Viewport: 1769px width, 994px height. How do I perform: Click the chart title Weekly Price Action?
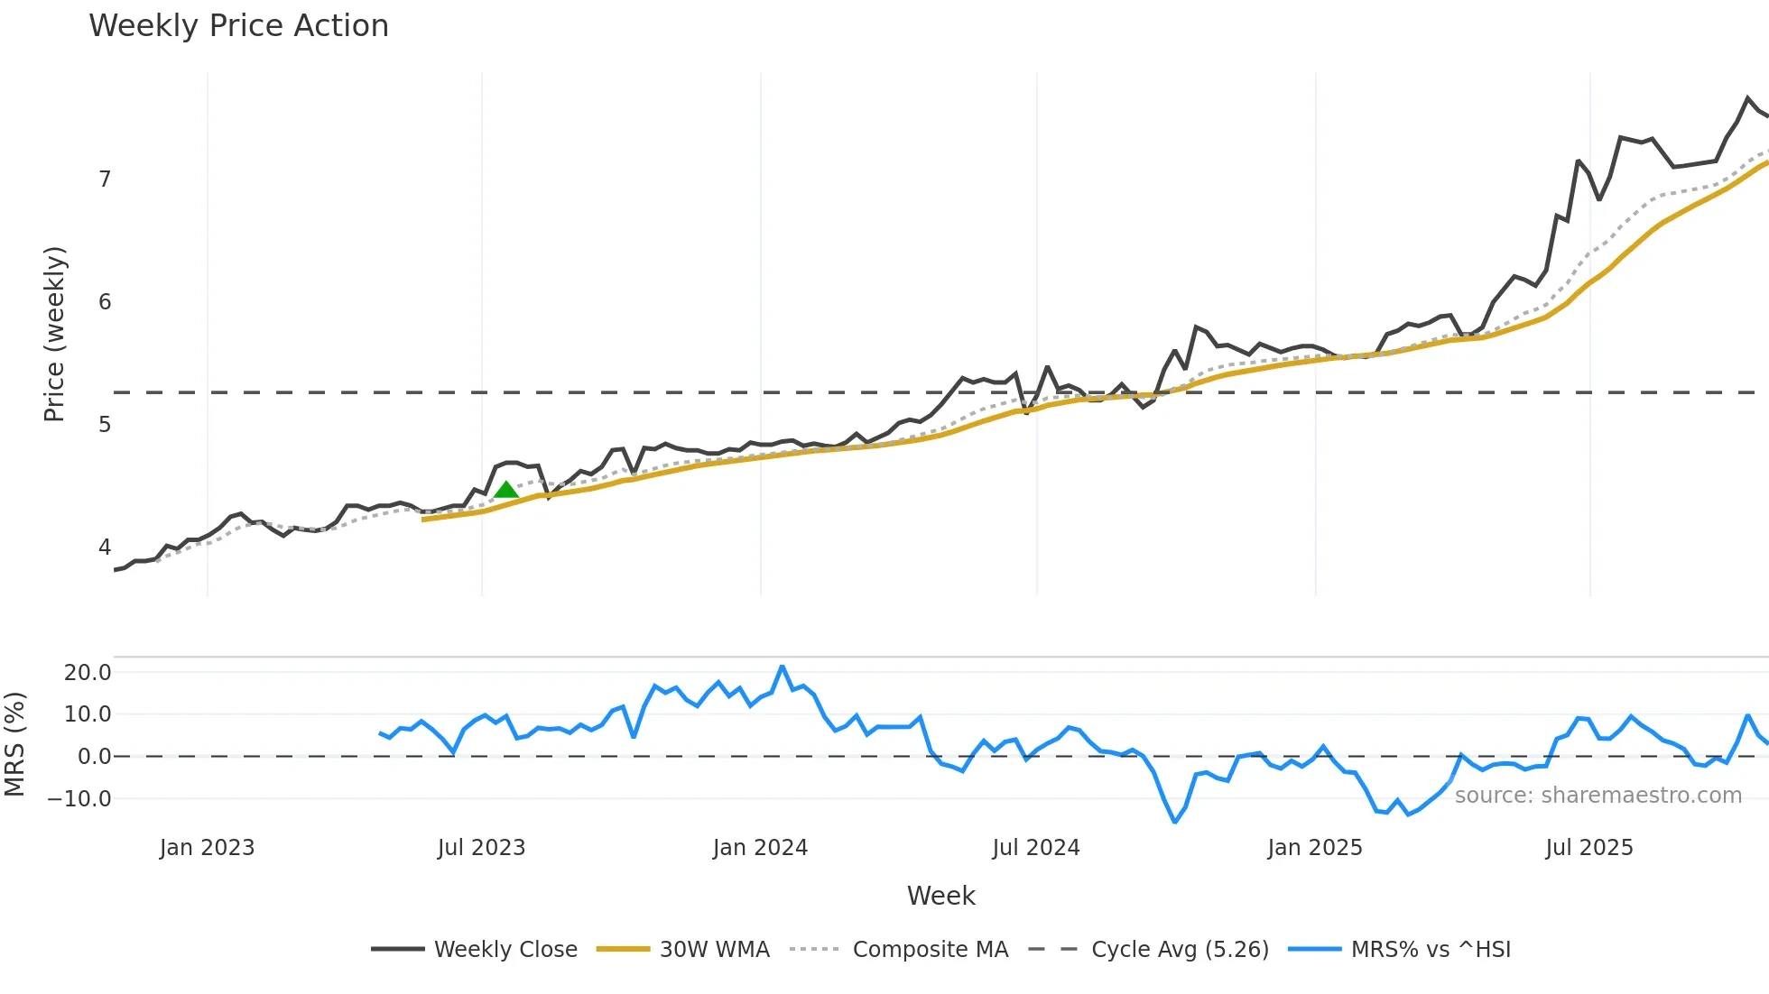tap(238, 26)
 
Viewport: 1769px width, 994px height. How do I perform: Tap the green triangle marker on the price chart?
tap(506, 490)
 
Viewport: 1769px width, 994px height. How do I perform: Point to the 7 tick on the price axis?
tap(105, 179)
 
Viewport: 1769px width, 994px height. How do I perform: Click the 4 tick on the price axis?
tap(105, 548)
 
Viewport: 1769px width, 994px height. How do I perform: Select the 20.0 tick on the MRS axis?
tap(88, 673)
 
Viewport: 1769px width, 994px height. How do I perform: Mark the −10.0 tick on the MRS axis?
tap(80, 799)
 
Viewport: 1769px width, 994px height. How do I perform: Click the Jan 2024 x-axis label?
tap(760, 848)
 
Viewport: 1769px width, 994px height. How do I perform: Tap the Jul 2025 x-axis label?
tap(1588, 848)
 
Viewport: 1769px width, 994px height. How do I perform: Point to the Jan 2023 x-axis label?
tap(208, 848)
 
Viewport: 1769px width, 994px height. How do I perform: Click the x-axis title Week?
tap(940, 896)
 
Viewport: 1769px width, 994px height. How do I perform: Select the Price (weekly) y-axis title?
tap(54, 334)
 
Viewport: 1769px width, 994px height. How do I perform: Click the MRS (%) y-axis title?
tap(14, 744)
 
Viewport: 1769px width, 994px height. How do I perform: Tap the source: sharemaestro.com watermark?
tap(1598, 796)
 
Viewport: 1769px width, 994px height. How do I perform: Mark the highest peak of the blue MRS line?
tap(782, 667)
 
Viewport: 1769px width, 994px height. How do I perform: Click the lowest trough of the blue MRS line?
tap(1175, 822)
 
